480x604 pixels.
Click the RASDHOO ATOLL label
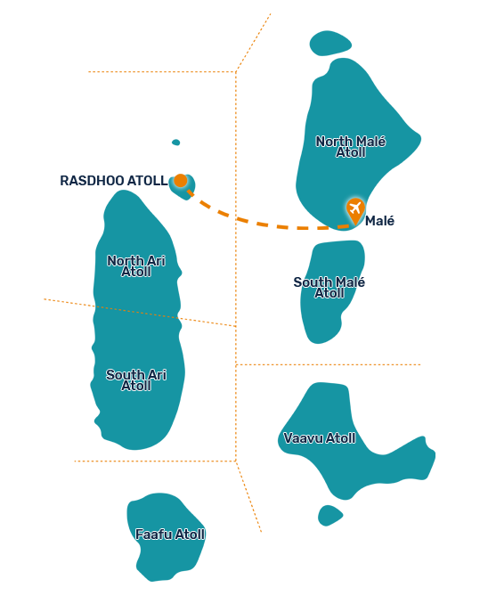click(x=114, y=181)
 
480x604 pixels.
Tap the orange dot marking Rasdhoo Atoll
click(x=180, y=180)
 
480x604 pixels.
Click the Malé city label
click(x=379, y=221)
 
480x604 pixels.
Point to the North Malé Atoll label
click(x=351, y=147)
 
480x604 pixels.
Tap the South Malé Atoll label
click(x=329, y=288)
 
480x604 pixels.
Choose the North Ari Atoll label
click(x=136, y=266)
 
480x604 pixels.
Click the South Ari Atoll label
click(x=136, y=380)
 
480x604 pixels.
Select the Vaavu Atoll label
click(x=320, y=438)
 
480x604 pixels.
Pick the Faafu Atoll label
click(x=170, y=535)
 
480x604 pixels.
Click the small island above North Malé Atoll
click(x=329, y=43)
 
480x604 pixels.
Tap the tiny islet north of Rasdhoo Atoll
click(x=176, y=143)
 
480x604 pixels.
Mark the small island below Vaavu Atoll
click(x=329, y=516)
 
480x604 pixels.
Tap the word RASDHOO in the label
click(x=92, y=181)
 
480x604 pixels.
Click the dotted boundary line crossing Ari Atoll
click(x=140, y=313)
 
